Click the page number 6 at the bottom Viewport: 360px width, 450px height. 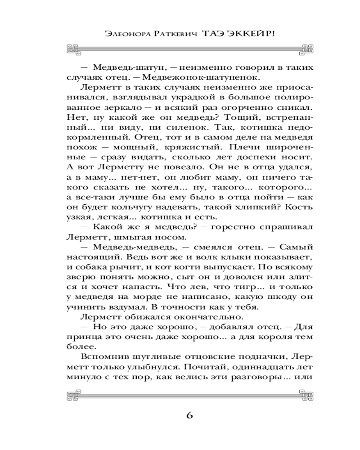tap(189, 415)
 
